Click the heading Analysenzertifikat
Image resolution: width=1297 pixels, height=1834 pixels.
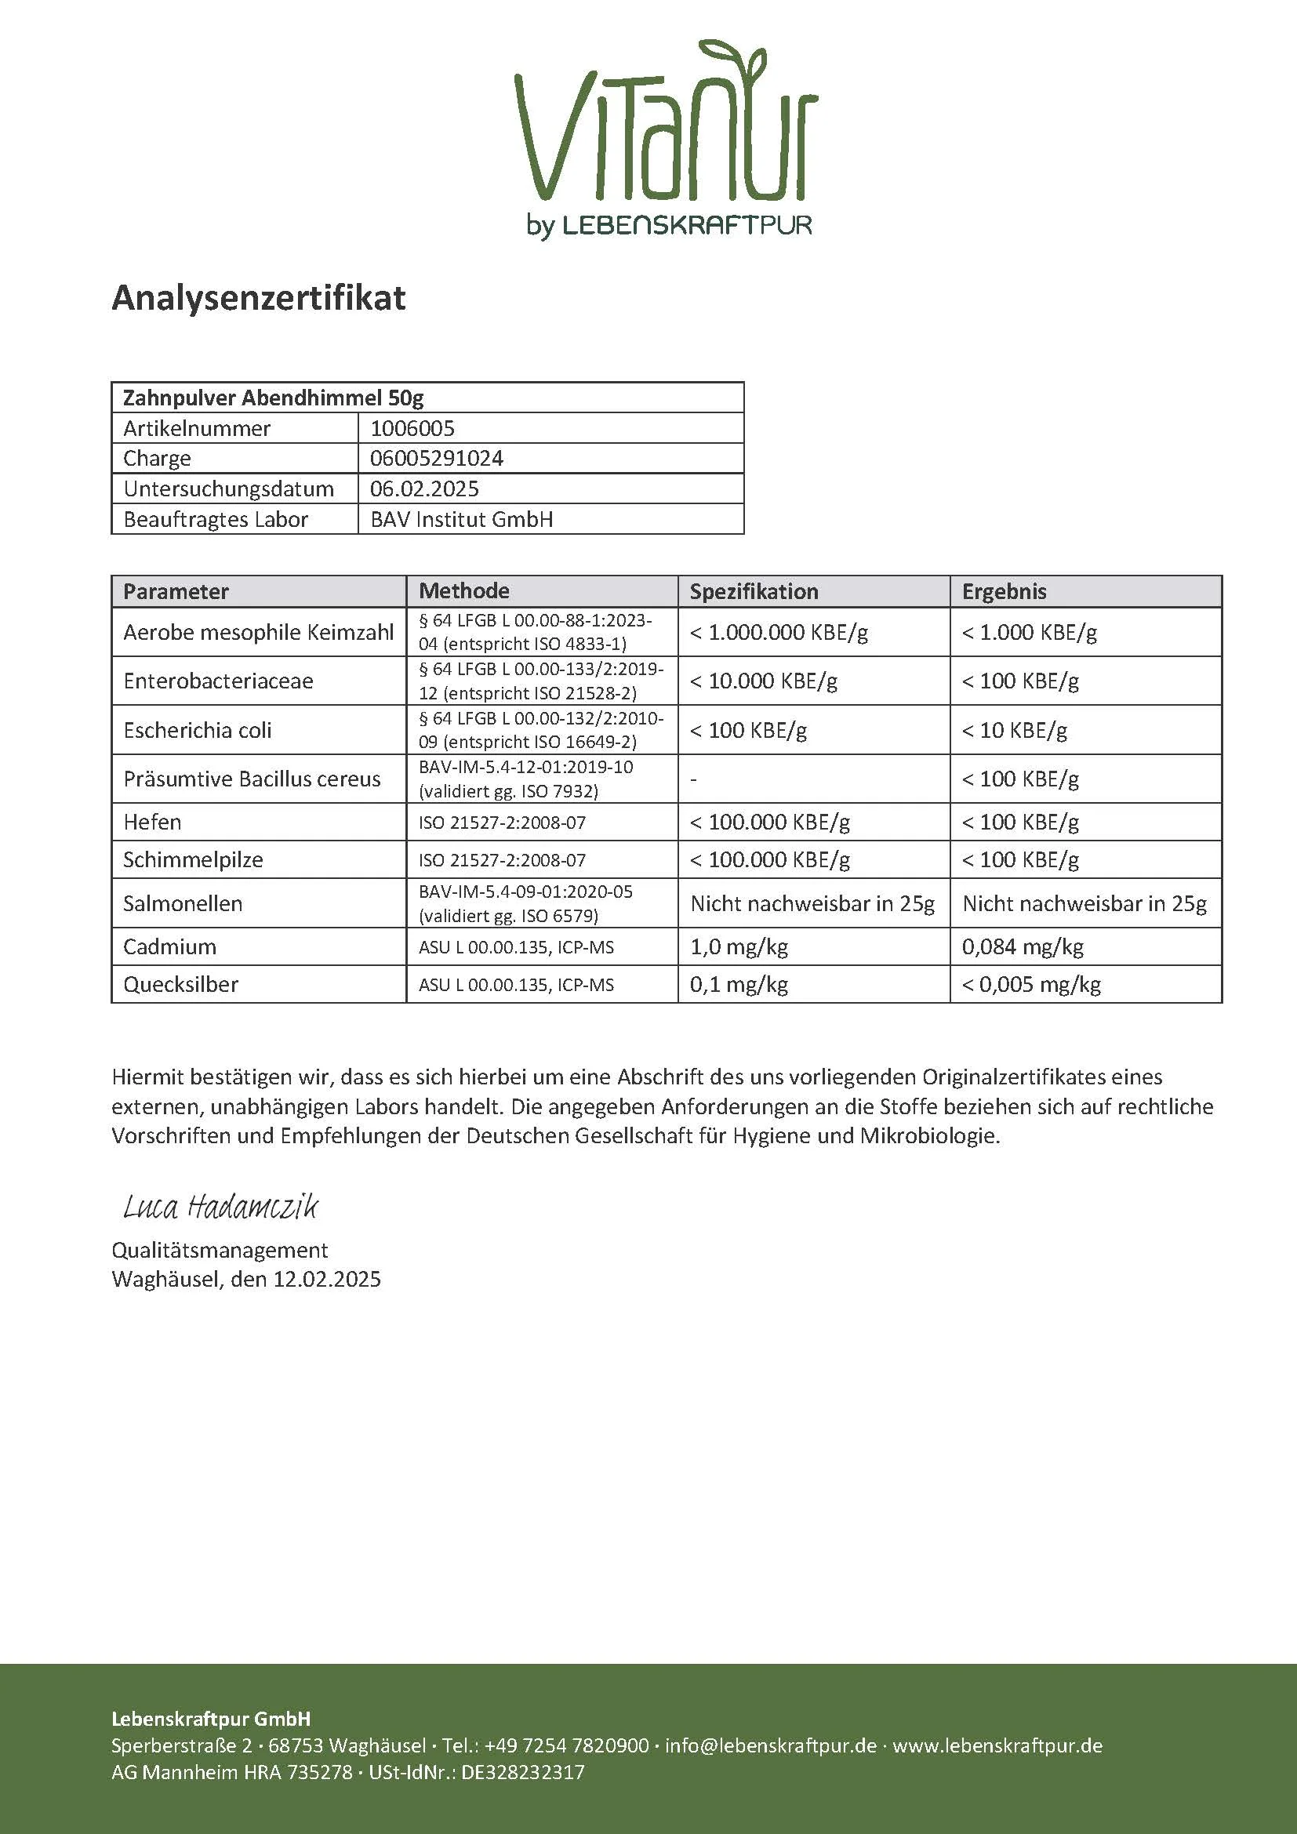[258, 298]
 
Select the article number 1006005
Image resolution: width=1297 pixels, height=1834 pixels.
[412, 428]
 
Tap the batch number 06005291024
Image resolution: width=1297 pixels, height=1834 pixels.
[436, 459]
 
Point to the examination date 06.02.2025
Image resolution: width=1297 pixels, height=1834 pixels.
[424, 488]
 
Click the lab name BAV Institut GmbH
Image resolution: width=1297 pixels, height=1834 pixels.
[462, 519]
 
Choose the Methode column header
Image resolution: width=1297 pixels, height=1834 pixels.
[464, 591]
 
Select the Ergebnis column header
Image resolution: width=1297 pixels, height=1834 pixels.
[1004, 591]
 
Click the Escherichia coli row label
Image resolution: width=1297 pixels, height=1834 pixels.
[198, 730]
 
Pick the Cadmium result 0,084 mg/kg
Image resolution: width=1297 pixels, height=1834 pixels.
[1023, 946]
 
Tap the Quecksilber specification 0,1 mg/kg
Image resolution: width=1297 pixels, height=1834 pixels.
[739, 984]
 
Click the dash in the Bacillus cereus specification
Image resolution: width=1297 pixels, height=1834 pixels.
[693, 779]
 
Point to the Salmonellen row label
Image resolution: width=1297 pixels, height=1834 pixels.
[183, 903]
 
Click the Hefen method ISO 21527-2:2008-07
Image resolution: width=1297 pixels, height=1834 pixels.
[502, 822]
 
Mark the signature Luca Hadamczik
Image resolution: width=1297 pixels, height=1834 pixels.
[220, 1207]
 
